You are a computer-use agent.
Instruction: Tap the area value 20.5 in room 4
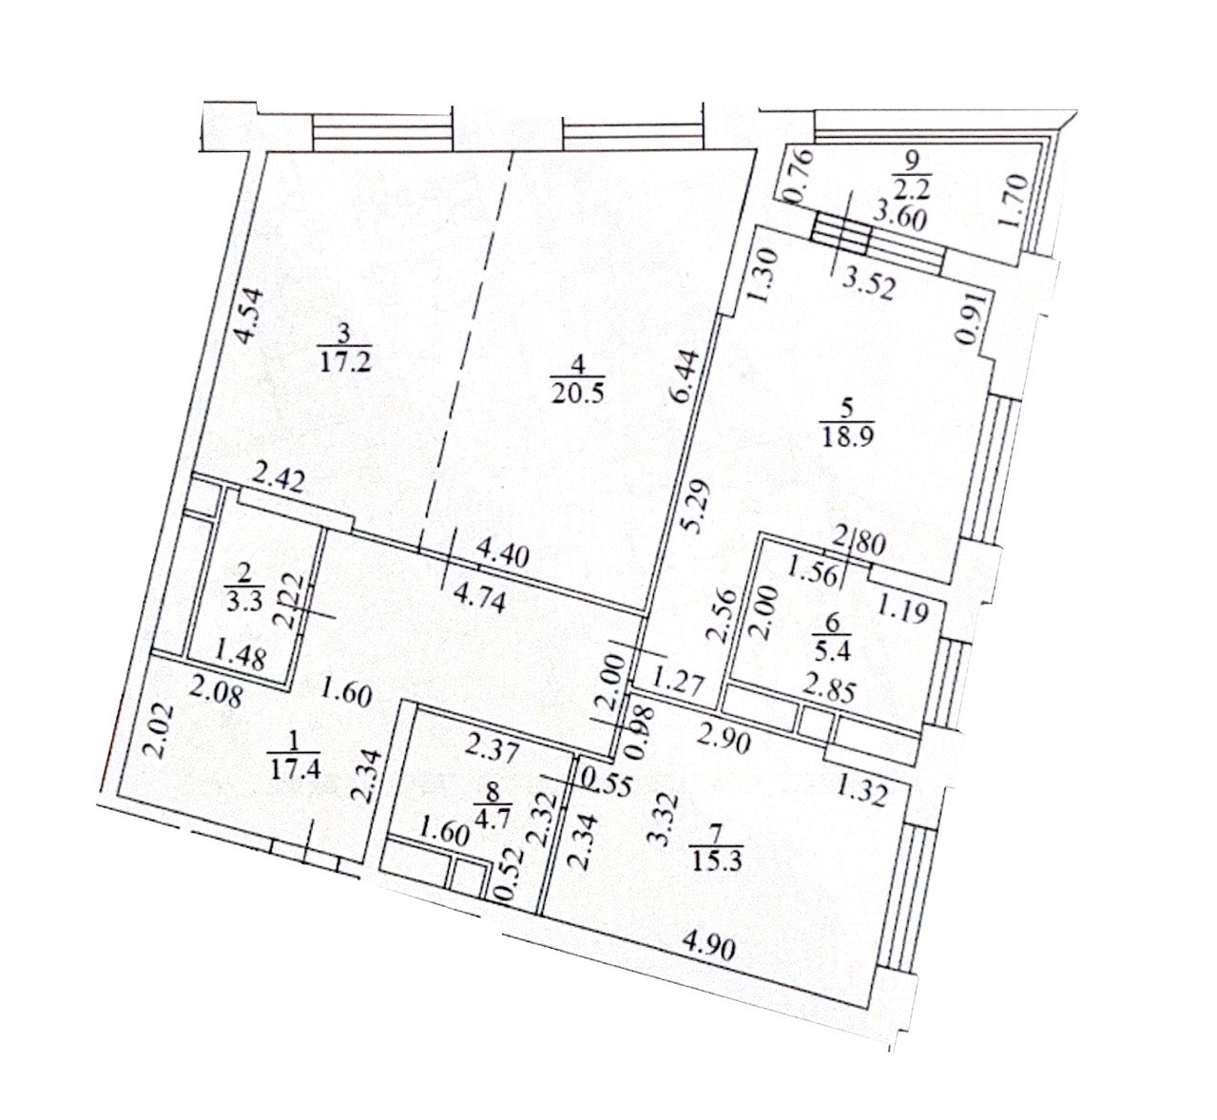pos(571,391)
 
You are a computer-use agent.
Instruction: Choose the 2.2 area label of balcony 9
pos(900,187)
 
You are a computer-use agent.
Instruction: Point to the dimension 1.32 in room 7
pos(862,789)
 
